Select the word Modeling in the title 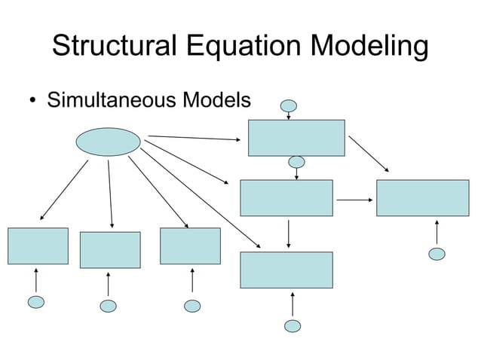[x=368, y=47]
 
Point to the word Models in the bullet [x=219, y=100]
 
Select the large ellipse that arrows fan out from [x=109, y=142]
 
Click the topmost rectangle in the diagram [x=296, y=137]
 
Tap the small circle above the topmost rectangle [x=290, y=106]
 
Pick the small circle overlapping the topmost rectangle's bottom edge [x=297, y=162]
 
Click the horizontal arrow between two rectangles [x=355, y=200]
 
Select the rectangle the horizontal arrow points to [x=422, y=197]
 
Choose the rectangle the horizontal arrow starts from [x=286, y=197]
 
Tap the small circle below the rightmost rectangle [x=437, y=254]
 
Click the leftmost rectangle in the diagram [x=38, y=246]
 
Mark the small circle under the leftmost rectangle [x=35, y=302]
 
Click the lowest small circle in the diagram [x=293, y=326]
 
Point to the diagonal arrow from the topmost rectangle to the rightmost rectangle [x=369, y=154]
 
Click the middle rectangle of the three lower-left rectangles [x=110, y=250]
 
